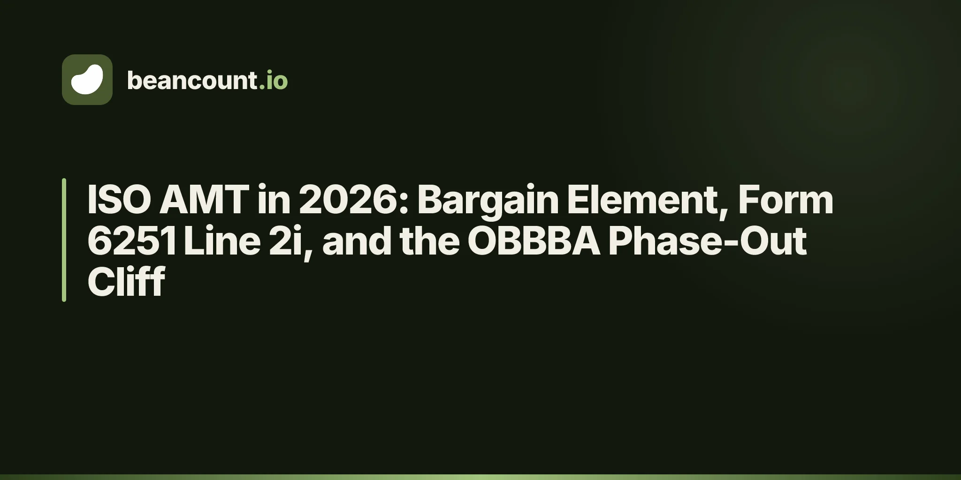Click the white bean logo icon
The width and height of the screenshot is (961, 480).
coord(87,80)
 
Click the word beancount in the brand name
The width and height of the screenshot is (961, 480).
coord(192,81)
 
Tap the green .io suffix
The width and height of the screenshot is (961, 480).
coord(273,81)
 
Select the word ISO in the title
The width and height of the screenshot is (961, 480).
coord(119,200)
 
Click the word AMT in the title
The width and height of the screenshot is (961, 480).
coord(204,200)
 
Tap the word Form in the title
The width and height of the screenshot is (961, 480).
coord(786,200)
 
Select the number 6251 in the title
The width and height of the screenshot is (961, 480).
coord(132,241)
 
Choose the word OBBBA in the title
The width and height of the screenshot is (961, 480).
coord(534,241)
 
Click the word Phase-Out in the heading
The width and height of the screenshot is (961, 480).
coord(708,241)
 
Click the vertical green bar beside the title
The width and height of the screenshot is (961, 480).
coord(64,240)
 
